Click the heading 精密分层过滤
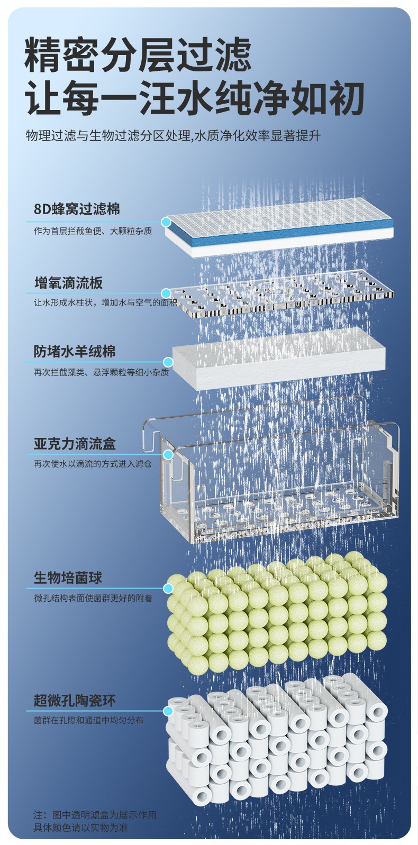click(x=138, y=54)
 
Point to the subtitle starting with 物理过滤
click(x=173, y=136)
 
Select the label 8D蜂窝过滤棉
click(x=77, y=209)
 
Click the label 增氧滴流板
click(x=68, y=283)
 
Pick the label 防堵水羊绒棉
click(x=75, y=352)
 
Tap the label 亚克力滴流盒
click(x=75, y=444)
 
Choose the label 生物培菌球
click(x=68, y=577)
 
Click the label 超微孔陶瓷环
click(x=75, y=701)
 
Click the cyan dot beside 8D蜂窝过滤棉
click(x=166, y=222)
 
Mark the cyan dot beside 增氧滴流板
click(x=166, y=293)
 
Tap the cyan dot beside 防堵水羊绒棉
click(x=168, y=362)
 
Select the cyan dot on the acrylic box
click(x=168, y=454)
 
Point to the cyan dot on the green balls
click(x=168, y=588)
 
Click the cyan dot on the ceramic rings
click(x=168, y=711)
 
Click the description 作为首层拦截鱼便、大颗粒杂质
click(x=93, y=231)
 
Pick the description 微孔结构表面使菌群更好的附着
click(x=93, y=598)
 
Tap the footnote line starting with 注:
click(x=95, y=815)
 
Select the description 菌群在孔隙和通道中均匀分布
click(x=88, y=720)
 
